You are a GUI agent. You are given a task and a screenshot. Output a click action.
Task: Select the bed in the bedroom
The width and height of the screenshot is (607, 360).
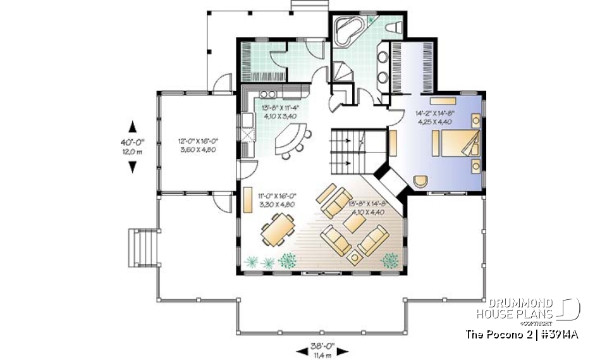click(455, 144)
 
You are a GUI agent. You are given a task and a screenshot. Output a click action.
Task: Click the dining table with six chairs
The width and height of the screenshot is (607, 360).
click(276, 228)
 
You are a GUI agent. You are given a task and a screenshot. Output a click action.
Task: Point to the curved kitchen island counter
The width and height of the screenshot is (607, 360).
click(291, 140)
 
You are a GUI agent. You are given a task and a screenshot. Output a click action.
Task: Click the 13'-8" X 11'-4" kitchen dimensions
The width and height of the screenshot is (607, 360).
click(281, 113)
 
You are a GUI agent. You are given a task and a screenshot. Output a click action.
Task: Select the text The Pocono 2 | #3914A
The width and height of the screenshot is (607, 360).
click(521, 333)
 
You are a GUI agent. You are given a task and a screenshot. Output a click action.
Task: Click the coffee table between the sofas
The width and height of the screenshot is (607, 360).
click(349, 224)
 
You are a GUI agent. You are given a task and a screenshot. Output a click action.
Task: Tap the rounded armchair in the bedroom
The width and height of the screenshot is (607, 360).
click(420, 180)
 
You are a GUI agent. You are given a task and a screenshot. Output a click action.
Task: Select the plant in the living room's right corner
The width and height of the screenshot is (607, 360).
click(390, 259)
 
